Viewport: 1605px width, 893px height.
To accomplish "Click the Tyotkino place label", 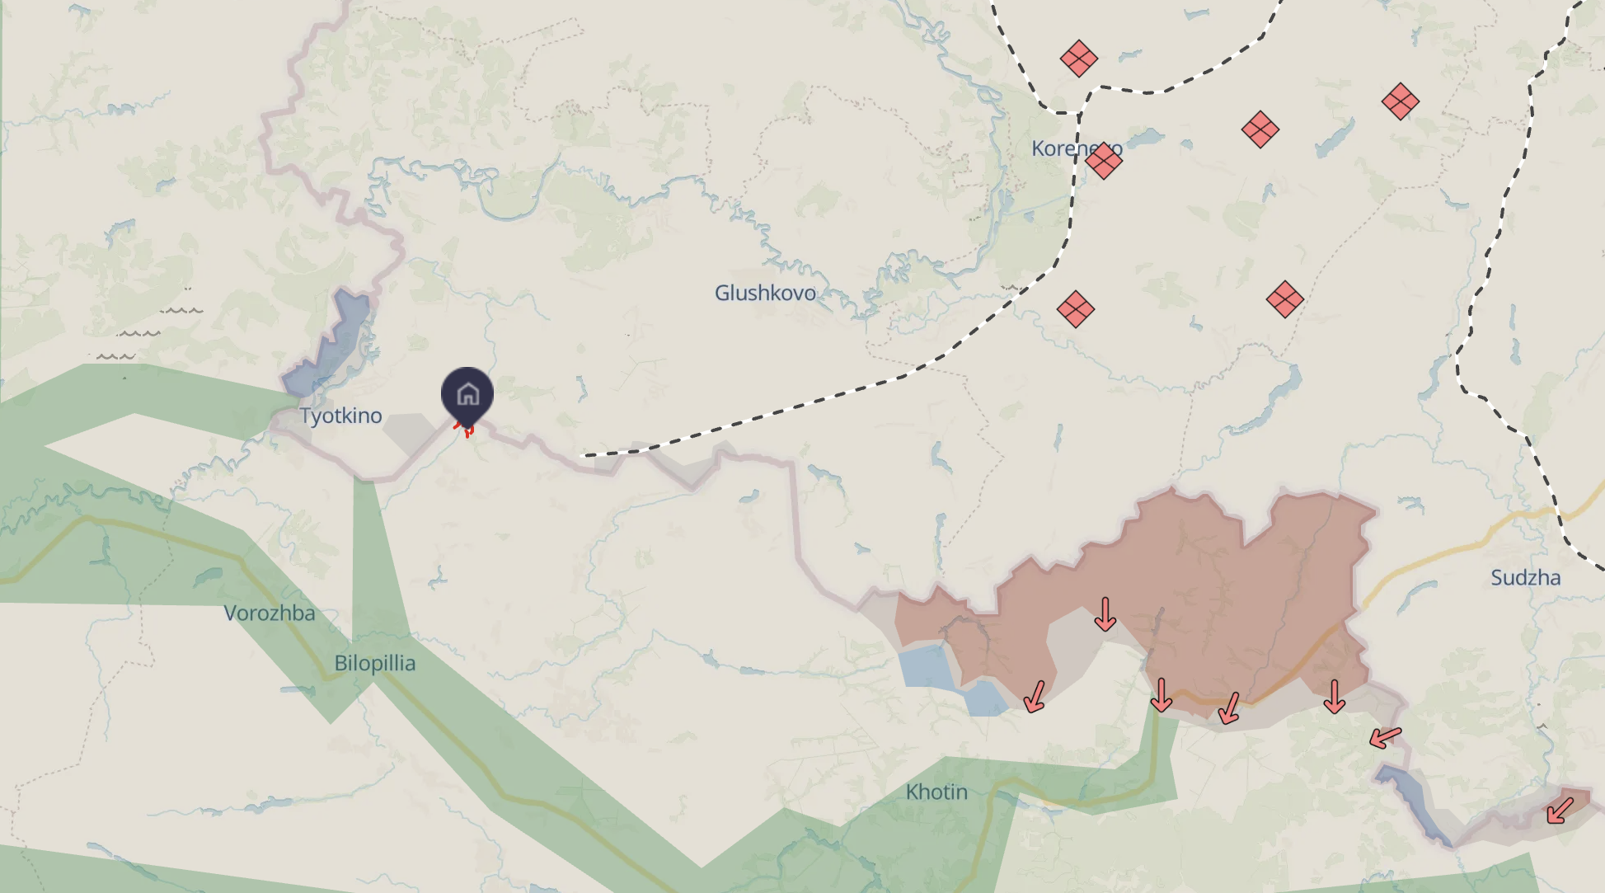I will point(340,416).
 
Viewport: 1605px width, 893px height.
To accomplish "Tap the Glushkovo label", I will point(765,293).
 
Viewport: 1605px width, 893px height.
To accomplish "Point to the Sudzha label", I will point(1525,578).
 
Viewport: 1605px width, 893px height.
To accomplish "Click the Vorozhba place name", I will point(270,613).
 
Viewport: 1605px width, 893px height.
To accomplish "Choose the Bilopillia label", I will point(375,663).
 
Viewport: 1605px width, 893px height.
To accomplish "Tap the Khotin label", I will point(936,792).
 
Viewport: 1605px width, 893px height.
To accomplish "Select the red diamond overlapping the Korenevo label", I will point(1104,160).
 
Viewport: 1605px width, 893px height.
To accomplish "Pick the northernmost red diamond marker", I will point(1078,59).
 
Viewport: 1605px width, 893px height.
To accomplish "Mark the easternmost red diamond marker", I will point(1400,102).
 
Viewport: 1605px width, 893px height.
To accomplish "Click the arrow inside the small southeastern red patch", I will point(1560,809).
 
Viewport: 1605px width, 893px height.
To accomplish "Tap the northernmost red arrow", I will point(1105,614).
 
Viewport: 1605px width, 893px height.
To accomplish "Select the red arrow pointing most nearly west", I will point(1386,736).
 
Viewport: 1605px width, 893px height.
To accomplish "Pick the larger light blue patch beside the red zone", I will point(928,666).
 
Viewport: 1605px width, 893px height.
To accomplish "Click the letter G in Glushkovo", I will point(723,293).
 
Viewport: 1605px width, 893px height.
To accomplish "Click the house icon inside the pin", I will point(467,394).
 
